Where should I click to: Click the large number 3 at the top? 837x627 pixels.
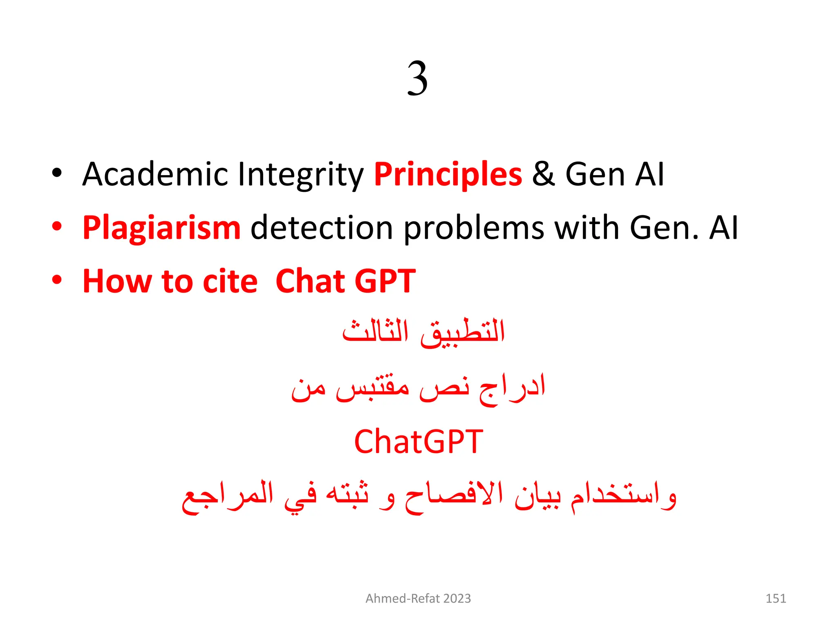click(x=417, y=78)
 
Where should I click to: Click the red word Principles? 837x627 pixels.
click(x=448, y=175)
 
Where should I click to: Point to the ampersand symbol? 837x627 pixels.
click(x=544, y=175)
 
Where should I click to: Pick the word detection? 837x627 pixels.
click(x=322, y=228)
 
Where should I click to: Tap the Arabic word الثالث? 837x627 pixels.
click(x=375, y=331)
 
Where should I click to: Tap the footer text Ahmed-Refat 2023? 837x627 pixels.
click(x=418, y=598)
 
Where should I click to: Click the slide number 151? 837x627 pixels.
click(x=775, y=598)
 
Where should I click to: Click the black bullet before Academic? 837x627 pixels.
click(x=57, y=173)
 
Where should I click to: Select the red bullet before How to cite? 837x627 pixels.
click(x=57, y=280)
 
